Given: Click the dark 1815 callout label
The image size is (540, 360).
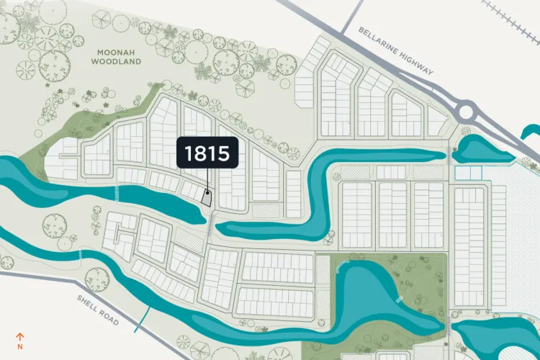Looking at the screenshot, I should (x=207, y=153).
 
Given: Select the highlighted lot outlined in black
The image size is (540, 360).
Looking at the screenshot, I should (x=207, y=198).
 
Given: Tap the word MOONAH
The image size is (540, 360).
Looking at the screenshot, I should (x=116, y=52).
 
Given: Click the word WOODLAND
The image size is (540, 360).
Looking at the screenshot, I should (x=116, y=62).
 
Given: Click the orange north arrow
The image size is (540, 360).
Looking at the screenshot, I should (x=21, y=336).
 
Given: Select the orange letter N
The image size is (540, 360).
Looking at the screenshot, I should (x=21, y=346).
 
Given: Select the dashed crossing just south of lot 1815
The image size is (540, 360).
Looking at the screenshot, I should (x=210, y=225).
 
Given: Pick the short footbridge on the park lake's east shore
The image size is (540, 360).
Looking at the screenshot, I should (x=399, y=298).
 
